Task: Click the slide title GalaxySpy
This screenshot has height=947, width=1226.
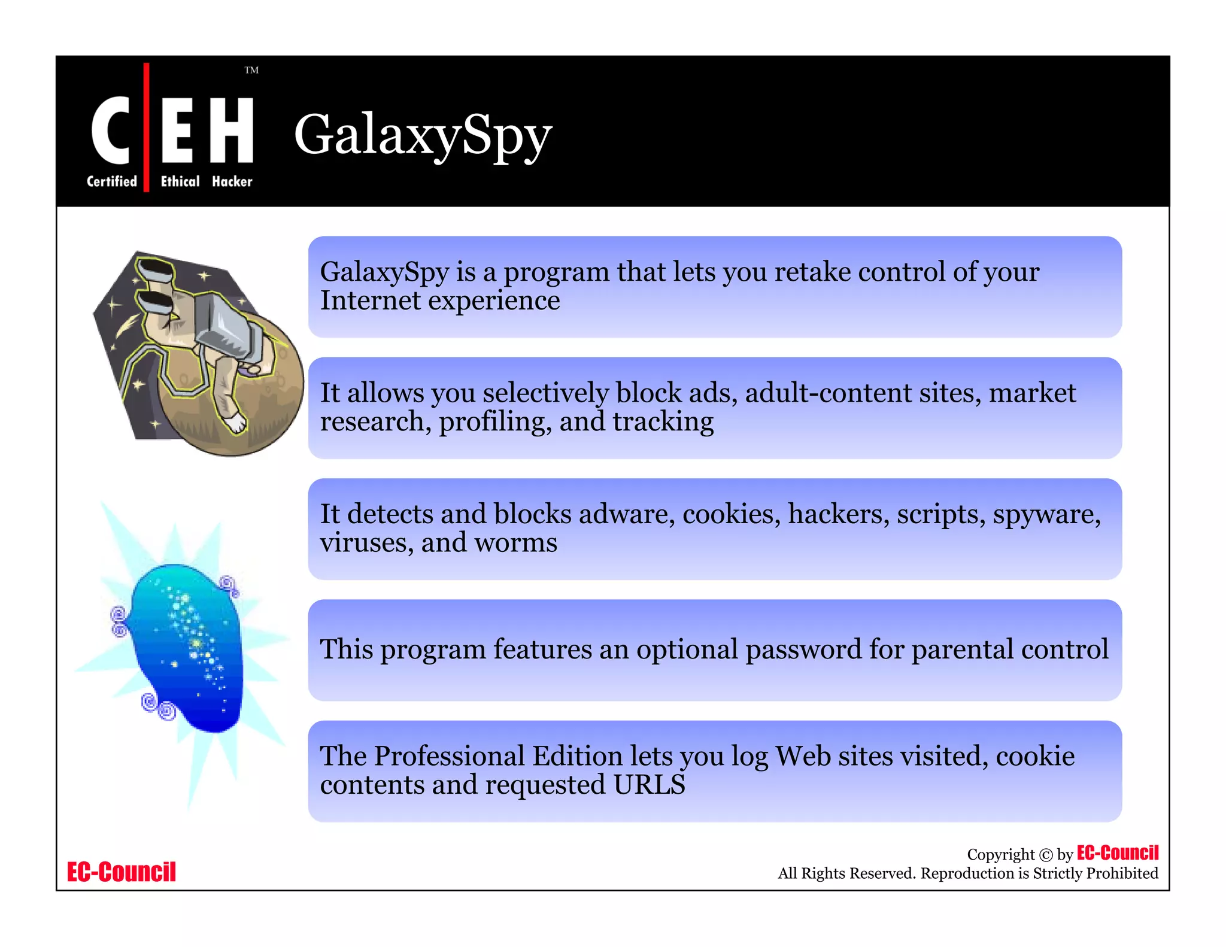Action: tap(423, 135)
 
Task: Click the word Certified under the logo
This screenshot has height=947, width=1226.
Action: tap(112, 181)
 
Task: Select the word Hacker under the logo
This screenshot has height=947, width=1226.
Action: tap(232, 181)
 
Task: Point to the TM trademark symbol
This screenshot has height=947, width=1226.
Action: tap(251, 70)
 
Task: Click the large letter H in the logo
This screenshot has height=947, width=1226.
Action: tap(232, 130)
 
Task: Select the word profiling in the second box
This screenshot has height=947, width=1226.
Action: tap(495, 422)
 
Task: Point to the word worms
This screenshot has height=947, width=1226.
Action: tap(515, 543)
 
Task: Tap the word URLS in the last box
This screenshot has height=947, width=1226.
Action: tap(649, 785)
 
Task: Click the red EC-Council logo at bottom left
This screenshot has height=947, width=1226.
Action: tap(122, 872)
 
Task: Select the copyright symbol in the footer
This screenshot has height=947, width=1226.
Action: tap(1046, 855)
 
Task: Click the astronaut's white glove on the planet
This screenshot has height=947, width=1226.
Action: tap(237, 422)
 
